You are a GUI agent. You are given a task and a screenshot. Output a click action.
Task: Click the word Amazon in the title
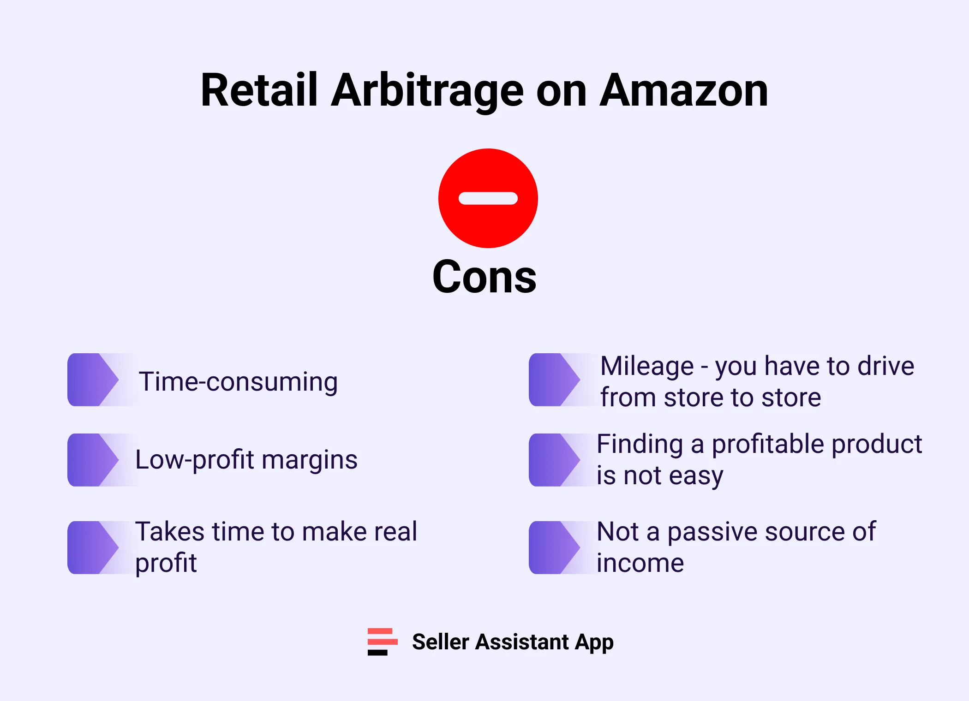point(684,91)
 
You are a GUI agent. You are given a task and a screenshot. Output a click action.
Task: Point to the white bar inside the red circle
point(488,198)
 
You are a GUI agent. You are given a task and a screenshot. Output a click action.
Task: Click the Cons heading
point(484,277)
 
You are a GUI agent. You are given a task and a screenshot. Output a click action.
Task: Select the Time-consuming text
point(238,382)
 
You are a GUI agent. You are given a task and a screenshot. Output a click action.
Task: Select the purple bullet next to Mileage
point(554,380)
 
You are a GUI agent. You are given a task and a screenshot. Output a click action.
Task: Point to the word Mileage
point(647,366)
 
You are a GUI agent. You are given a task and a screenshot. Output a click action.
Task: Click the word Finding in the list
point(640,444)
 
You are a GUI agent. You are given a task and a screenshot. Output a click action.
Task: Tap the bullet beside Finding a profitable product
point(554,460)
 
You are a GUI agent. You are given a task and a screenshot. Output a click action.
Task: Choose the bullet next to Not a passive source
point(554,547)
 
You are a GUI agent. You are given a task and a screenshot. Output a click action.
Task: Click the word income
point(640,563)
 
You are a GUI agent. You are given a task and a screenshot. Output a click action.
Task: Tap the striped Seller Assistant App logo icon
point(382,642)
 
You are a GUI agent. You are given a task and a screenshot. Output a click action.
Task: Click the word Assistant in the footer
point(522,642)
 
